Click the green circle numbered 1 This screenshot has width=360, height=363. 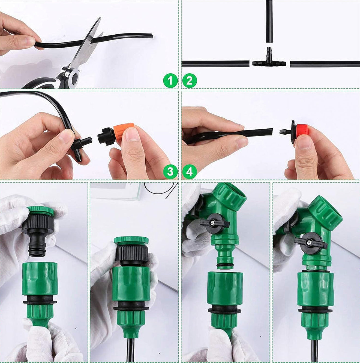(170, 81)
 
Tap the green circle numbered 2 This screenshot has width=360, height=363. (190, 81)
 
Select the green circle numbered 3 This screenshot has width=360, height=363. (170, 172)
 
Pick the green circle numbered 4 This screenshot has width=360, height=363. (190, 172)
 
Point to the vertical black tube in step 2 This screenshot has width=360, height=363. (269, 21)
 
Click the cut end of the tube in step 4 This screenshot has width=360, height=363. (271, 132)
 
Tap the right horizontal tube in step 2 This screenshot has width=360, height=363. (325, 64)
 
